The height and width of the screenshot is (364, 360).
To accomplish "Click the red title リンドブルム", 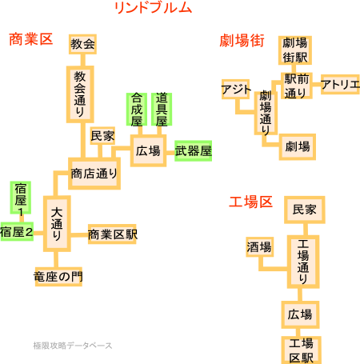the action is click(153, 8).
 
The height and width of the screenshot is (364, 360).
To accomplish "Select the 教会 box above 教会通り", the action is click(82, 44).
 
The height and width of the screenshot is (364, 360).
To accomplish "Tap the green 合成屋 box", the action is click(137, 109).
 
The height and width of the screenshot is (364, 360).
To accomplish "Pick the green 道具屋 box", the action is click(162, 109).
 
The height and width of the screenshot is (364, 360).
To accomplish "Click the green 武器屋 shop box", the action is click(194, 151).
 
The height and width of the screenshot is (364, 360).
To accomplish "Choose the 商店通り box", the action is click(94, 174).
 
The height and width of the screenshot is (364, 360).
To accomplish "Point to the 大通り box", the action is click(57, 224).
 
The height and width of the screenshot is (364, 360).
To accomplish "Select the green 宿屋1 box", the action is click(21, 198).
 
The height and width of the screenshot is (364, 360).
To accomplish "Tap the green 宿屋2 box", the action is click(17, 231).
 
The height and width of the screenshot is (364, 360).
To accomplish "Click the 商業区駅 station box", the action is click(112, 234).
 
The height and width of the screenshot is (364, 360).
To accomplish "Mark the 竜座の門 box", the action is click(58, 277).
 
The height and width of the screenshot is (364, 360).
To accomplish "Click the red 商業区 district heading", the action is click(30, 39).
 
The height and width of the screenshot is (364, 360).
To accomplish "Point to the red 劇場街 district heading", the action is click(242, 41).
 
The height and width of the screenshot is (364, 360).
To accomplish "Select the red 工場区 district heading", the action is click(250, 202).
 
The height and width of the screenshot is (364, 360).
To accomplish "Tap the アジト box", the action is click(236, 89).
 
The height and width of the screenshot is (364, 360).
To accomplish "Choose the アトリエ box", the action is click(340, 84).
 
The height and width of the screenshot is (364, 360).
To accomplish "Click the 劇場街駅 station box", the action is click(295, 50).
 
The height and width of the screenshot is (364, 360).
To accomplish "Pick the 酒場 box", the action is click(259, 246).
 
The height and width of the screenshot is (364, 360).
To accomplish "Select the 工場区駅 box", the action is click(301, 350).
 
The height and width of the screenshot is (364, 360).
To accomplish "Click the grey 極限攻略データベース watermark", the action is click(73, 346).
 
